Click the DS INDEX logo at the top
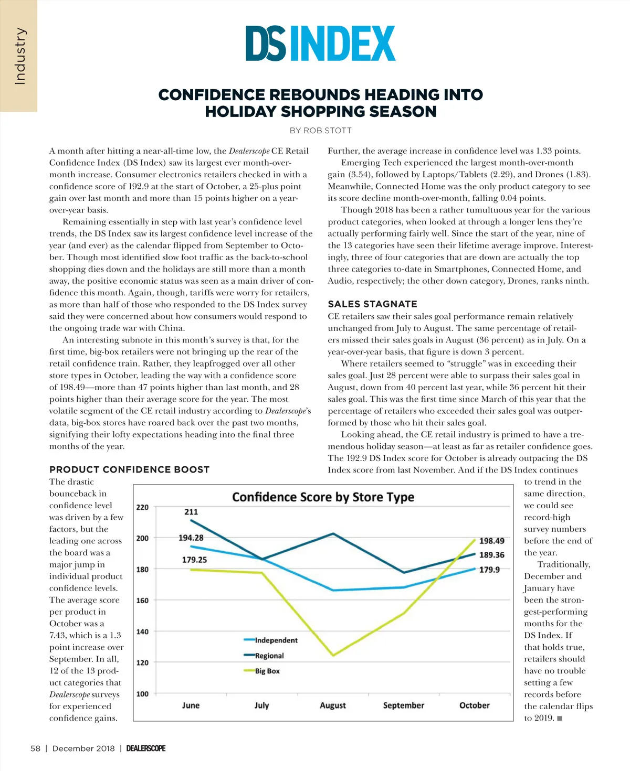[x=320, y=44]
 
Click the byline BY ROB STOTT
[x=320, y=131]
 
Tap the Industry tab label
[x=19, y=56]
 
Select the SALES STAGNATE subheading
[x=372, y=304]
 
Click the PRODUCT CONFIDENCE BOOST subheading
[x=129, y=470]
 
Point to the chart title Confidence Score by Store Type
[x=323, y=497]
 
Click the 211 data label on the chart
[x=191, y=512]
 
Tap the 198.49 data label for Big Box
[x=492, y=541]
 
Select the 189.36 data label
[x=492, y=555]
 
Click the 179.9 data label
[x=489, y=570]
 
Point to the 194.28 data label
[x=191, y=538]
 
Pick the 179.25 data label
[x=194, y=560]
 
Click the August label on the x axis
[x=333, y=705]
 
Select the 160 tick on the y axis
[x=142, y=601]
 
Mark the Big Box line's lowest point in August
[x=333, y=656]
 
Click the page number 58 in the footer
[x=35, y=748]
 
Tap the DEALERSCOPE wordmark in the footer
[x=146, y=748]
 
